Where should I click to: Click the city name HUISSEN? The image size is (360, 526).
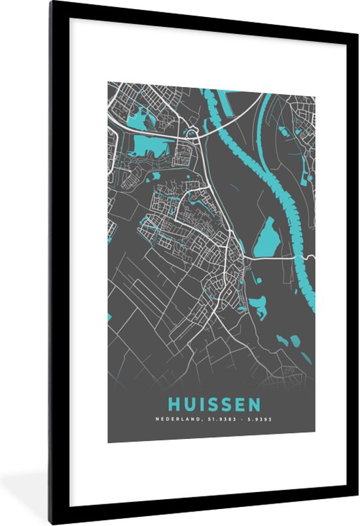[x=214, y=405]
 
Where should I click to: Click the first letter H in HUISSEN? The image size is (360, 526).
[x=173, y=405]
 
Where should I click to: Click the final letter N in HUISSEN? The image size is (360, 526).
[x=254, y=405]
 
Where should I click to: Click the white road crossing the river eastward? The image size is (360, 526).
[x=275, y=258]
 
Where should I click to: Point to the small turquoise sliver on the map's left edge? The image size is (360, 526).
[x=109, y=319]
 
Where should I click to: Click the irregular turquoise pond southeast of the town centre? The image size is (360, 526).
[x=257, y=304]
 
